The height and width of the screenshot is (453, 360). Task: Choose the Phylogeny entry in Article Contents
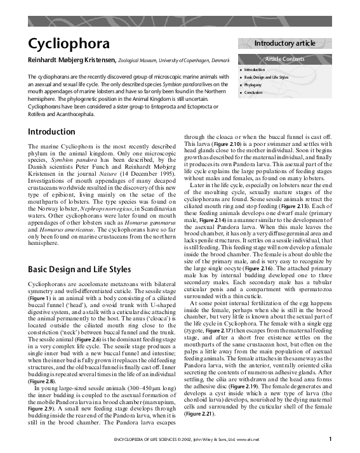pos(253,84)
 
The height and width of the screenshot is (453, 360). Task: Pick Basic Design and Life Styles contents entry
pos(266,77)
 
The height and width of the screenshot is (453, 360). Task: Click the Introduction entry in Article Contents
pos(255,69)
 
